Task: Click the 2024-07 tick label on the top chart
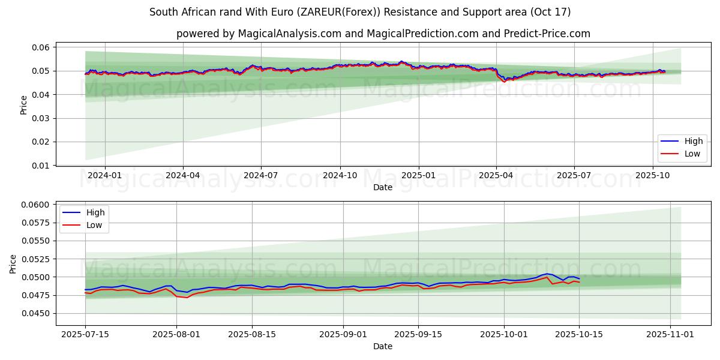tap(261, 176)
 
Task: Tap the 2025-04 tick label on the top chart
tap(496, 176)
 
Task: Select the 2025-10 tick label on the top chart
tap(652, 176)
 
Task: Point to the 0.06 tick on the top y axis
tap(43, 47)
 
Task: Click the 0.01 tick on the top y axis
tap(43, 165)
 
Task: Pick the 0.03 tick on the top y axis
tap(43, 118)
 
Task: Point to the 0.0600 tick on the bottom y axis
tap(39, 205)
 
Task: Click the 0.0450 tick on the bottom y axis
tap(39, 313)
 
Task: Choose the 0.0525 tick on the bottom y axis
tap(39, 259)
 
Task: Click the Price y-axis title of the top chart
tap(24, 105)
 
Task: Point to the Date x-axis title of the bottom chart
tap(383, 346)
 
